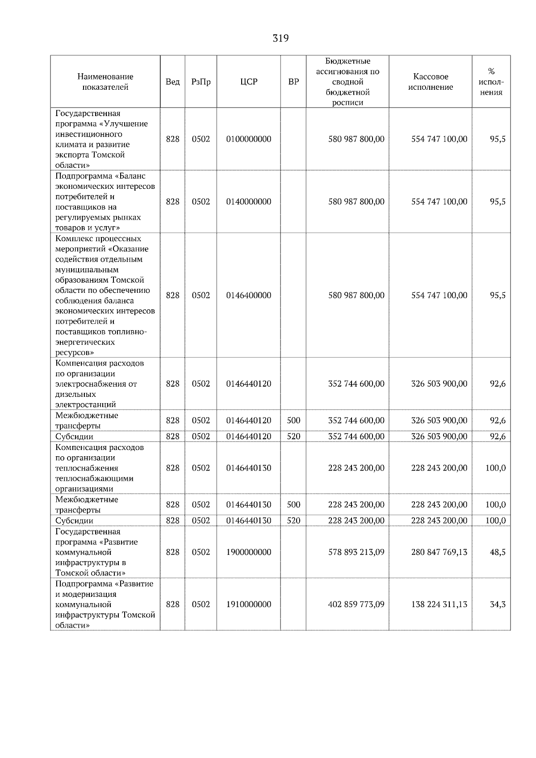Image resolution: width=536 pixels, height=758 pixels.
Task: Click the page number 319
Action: [281, 38]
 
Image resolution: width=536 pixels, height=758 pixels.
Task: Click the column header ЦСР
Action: [249, 82]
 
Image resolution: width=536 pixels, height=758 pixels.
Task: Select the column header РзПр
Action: [201, 82]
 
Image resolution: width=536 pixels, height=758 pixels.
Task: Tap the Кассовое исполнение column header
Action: [430, 82]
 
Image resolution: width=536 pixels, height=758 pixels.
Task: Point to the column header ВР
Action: [293, 82]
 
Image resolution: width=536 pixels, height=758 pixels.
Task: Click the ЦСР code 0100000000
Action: [249, 139]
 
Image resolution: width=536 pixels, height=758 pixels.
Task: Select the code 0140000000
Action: [249, 201]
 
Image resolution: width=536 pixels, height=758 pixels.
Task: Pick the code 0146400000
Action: [249, 295]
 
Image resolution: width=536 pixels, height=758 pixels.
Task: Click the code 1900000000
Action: [249, 552]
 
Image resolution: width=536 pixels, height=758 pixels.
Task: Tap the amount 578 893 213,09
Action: [356, 552]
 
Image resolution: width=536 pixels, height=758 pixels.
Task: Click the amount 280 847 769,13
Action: [439, 552]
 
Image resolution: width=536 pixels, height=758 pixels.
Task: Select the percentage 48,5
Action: [498, 552]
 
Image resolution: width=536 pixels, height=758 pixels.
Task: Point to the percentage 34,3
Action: [498, 604]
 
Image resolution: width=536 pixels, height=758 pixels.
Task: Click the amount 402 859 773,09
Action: [356, 604]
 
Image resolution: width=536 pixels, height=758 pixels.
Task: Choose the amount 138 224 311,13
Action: [439, 604]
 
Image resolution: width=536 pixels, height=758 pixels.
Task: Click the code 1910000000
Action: [249, 604]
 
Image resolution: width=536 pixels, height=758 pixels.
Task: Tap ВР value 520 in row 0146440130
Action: [293, 521]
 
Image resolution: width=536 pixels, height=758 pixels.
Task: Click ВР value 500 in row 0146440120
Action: [293, 421]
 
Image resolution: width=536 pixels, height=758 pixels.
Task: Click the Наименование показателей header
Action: [105, 82]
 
